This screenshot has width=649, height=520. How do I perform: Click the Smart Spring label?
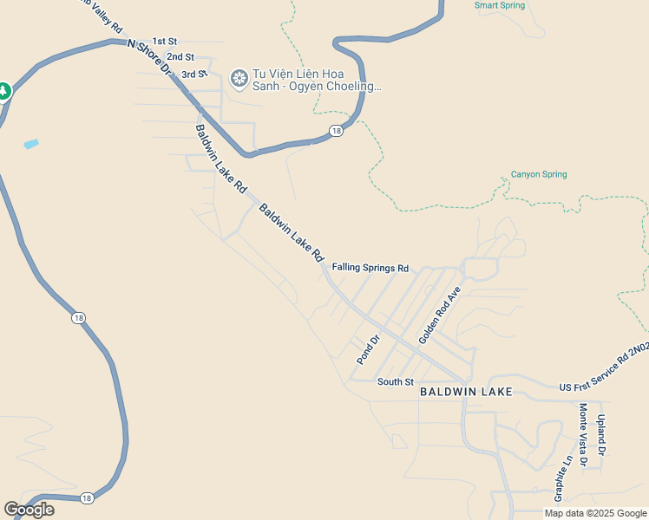(500, 5)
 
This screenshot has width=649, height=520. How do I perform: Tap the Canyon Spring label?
(538, 174)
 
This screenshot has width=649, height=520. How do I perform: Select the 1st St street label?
(164, 41)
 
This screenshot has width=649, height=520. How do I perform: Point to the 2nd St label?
(180, 57)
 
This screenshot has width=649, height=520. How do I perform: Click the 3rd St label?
(194, 74)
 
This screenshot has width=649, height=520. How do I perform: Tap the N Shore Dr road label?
(150, 59)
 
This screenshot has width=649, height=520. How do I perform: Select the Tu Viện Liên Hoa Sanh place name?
(316, 80)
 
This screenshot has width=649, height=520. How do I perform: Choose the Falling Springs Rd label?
(370, 268)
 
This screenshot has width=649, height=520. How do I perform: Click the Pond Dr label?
(369, 349)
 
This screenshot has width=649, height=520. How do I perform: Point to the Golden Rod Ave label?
(439, 316)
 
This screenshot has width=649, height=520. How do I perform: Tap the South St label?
(395, 381)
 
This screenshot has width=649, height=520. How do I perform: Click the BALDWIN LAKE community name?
(466, 392)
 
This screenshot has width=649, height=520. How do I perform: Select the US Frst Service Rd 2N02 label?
(604, 366)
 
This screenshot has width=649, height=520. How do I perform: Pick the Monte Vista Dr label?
(583, 437)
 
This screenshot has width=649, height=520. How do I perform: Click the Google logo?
(29, 510)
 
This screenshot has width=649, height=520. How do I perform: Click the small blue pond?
(31, 143)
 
